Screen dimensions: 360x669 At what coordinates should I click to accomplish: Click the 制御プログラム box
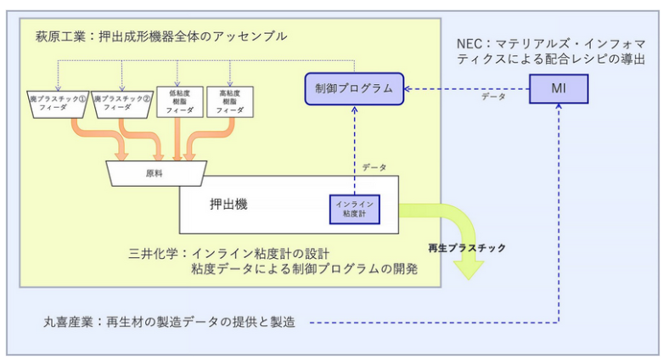pyautogui.click(x=353, y=88)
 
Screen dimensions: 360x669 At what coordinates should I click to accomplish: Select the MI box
pyautogui.click(x=559, y=88)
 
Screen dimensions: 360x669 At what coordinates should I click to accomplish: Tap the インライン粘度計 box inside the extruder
pyautogui.click(x=353, y=208)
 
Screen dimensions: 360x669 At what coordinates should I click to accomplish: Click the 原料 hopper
pyautogui.click(x=152, y=173)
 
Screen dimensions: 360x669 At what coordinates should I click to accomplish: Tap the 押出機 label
pyautogui.click(x=228, y=205)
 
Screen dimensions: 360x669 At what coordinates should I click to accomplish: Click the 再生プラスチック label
pyautogui.click(x=467, y=248)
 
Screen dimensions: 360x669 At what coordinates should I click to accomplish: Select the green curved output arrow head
pyautogui.click(x=468, y=270)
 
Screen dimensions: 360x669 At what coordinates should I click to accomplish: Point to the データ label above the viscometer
pyautogui.click(x=374, y=169)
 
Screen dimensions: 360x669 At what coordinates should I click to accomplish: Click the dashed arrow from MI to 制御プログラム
pyautogui.click(x=467, y=87)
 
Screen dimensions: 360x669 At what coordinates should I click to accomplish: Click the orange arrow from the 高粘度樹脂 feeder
pyautogui.click(x=204, y=141)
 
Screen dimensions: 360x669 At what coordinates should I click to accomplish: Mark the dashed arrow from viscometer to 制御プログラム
pyautogui.click(x=353, y=144)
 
